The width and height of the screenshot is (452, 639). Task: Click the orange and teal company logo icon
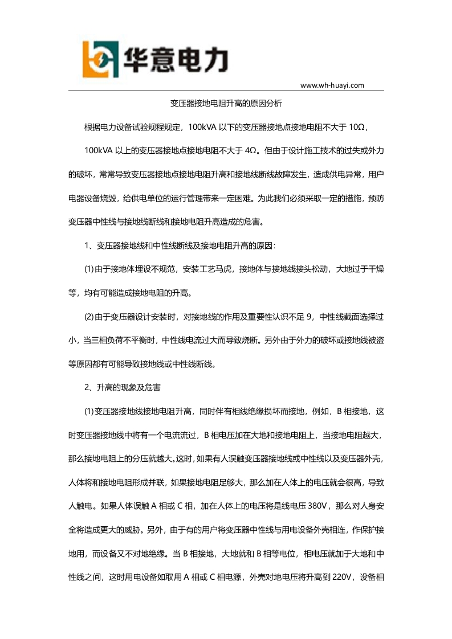click(101, 59)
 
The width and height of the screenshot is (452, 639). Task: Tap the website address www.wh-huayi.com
click(332, 85)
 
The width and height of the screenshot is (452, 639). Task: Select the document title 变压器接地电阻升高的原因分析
click(226, 104)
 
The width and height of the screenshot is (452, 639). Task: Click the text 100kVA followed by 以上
click(98, 151)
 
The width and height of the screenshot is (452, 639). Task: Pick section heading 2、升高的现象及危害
click(123, 387)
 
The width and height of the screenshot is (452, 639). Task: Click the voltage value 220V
click(341, 576)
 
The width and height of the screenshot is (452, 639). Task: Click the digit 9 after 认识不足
click(310, 317)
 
